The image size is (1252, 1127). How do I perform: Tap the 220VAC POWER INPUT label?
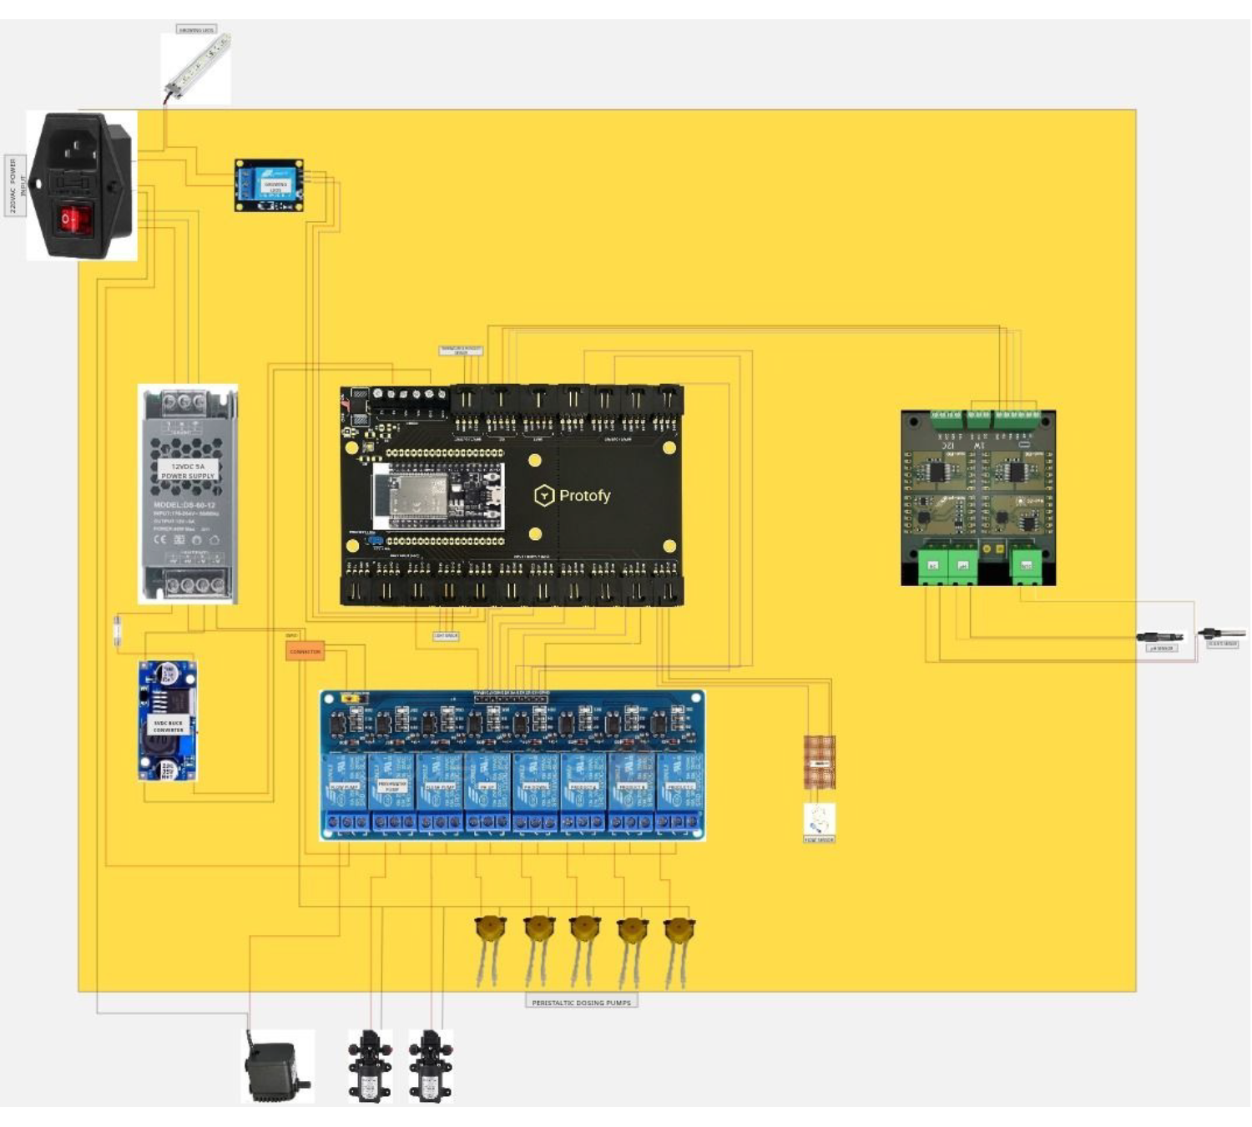[14, 185]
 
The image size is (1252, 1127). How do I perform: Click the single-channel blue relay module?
[268, 185]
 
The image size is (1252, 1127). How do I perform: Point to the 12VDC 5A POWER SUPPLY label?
[188, 471]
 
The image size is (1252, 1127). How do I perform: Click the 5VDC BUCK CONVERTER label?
[168, 726]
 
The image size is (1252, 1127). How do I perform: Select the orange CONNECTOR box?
[305, 651]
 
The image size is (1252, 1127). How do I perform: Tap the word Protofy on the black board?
[584, 496]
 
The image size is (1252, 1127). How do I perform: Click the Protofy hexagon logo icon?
[544, 496]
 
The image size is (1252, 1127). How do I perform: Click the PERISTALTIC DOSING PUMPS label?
[581, 1002]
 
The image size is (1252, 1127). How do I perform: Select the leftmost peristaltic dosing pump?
[490, 928]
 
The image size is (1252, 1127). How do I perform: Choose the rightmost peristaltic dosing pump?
[679, 928]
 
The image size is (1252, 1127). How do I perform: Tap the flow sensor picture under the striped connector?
[819, 819]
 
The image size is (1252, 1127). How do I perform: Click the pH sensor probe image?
[1160, 638]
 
